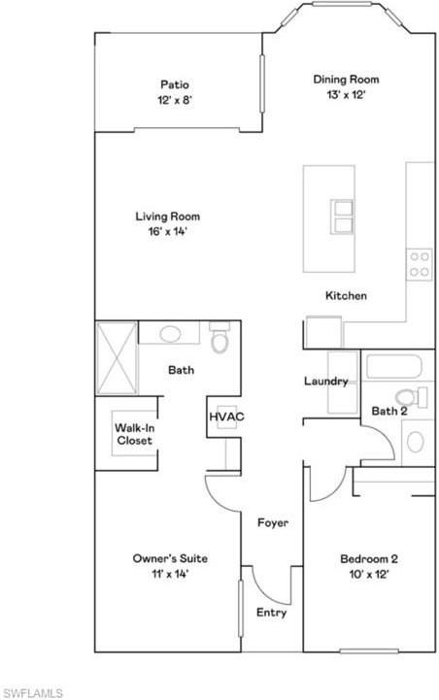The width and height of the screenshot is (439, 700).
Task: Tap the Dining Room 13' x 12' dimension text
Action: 345,95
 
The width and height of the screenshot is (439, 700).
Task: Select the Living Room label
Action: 167,217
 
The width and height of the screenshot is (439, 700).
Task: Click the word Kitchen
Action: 345,295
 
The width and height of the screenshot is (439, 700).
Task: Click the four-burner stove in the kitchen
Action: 420,264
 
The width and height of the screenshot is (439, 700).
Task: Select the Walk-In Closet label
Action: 134,434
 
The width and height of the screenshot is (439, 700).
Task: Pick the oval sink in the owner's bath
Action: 171,334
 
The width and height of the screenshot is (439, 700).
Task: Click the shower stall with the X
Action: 117,357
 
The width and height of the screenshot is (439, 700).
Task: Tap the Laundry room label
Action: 325,382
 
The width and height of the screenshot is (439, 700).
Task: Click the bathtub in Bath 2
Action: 392,367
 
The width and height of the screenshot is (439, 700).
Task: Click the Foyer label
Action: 272,523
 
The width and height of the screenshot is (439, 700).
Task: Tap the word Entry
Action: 271,613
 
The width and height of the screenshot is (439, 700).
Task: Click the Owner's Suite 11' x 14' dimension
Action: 169,574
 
